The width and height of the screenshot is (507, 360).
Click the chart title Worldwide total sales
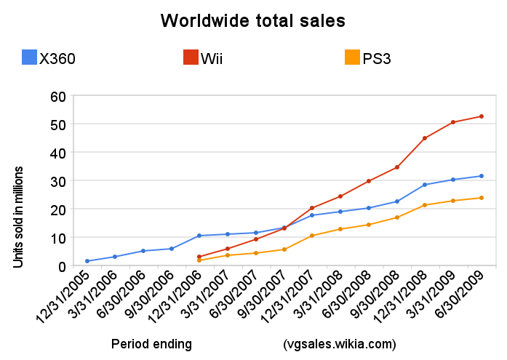(x=253, y=21)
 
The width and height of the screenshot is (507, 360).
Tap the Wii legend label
(x=211, y=59)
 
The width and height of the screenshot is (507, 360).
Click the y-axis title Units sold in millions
(x=19, y=217)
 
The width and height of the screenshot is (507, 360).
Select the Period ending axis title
(x=151, y=343)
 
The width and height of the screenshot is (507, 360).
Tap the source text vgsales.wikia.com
(x=339, y=343)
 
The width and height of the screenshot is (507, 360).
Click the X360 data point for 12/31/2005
(x=87, y=261)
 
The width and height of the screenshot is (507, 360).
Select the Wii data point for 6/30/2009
(x=482, y=116)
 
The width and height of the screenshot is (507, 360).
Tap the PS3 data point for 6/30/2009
(x=482, y=198)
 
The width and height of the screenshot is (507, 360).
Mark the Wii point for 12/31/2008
(x=425, y=138)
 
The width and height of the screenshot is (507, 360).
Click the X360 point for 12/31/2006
(x=199, y=236)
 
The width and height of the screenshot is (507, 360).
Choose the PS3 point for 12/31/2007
(x=312, y=236)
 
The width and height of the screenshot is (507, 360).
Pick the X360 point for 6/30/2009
(x=482, y=176)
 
